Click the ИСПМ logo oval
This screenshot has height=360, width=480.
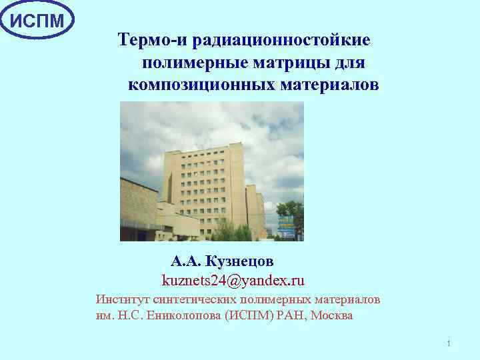pyautogui.click(x=37, y=20)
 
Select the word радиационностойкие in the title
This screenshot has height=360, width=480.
pyautogui.click(x=281, y=40)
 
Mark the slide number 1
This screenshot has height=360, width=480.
pyautogui.click(x=449, y=343)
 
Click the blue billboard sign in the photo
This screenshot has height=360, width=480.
pyautogui.click(x=285, y=225)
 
